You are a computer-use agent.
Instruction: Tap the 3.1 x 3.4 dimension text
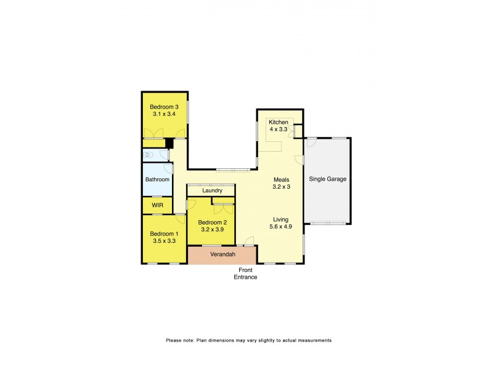pos(165,114)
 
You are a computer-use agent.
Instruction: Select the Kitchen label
pos(279,123)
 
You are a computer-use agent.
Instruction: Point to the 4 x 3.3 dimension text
pos(279,130)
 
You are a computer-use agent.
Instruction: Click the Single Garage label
pos(328,179)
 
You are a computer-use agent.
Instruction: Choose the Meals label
pos(282,179)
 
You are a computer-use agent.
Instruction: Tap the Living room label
pos(282,218)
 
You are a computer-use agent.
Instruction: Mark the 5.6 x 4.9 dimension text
pos(282,226)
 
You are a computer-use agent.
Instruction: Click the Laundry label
pos(211,191)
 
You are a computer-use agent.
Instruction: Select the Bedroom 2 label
pos(212,223)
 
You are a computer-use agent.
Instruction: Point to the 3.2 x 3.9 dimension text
pos(212,230)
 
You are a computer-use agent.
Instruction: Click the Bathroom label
pos(157,179)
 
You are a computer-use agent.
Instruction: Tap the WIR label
pos(157,205)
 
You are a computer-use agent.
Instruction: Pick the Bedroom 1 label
pos(165,234)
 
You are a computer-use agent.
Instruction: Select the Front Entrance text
pos(245,274)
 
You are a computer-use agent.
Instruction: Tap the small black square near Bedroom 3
pos(167,143)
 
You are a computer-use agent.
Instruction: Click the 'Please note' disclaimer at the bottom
pos(249,340)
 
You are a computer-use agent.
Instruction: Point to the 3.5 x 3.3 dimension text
pos(165,241)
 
